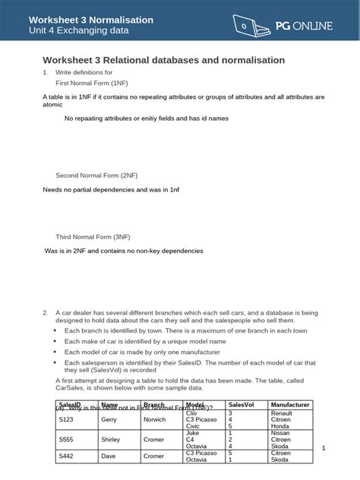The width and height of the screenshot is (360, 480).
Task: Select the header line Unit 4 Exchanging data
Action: (x=80, y=31)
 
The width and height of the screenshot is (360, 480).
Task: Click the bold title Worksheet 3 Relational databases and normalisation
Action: (x=163, y=59)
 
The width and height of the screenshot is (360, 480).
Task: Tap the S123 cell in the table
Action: (x=67, y=418)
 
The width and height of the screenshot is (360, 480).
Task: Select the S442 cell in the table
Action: (x=67, y=456)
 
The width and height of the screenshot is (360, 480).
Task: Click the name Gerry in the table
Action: (x=109, y=418)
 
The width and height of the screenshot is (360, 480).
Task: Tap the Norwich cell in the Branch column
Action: (x=155, y=418)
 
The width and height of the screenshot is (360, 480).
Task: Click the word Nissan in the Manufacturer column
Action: (x=281, y=431)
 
